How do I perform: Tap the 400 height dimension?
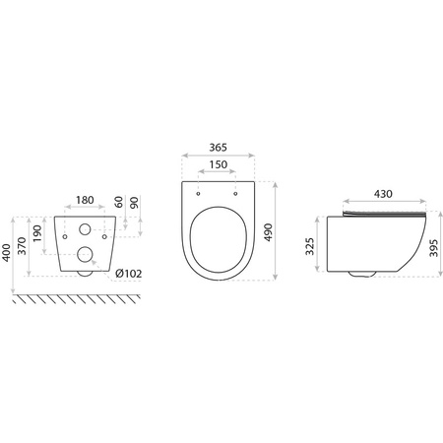(x=9, y=253)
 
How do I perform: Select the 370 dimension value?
(x=25, y=251)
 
